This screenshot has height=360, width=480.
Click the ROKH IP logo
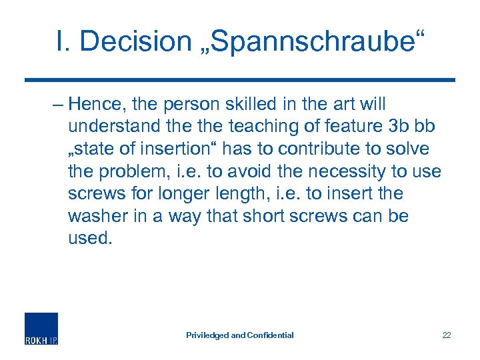(x=41, y=328)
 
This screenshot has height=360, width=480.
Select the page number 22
(x=446, y=335)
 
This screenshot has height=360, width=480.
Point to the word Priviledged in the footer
(x=207, y=335)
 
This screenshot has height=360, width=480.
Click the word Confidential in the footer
(x=270, y=335)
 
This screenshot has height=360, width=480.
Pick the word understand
(x=111, y=127)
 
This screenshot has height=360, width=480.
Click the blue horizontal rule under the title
(x=240, y=80)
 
